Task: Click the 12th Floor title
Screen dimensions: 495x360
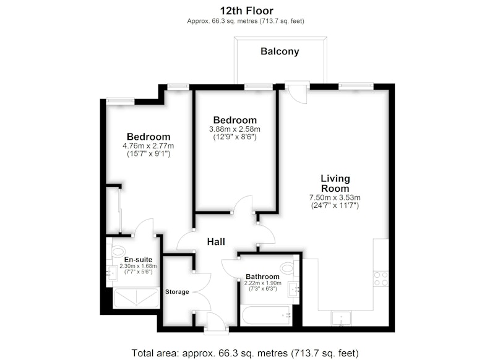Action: pyautogui.click(x=246, y=11)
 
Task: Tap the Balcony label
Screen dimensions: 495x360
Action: pyautogui.click(x=280, y=51)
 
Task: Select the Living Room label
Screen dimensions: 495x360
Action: pyautogui.click(x=335, y=183)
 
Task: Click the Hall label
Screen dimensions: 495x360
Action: pyautogui.click(x=216, y=242)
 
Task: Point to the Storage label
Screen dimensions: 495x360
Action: pyautogui.click(x=177, y=292)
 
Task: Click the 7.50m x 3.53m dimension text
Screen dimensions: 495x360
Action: pyautogui.click(x=335, y=198)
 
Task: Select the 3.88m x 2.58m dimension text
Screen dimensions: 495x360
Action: pyautogui.click(x=235, y=129)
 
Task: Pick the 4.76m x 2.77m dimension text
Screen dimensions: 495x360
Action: pyautogui.click(x=148, y=146)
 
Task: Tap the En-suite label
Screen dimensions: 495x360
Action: pyautogui.click(x=138, y=259)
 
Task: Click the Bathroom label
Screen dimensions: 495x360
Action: pyautogui.click(x=262, y=276)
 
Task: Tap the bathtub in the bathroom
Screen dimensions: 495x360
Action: pyautogui.click(x=266, y=315)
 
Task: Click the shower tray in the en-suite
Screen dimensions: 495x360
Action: pyautogui.click(x=136, y=298)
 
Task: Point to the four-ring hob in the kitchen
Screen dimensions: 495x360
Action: pyautogui.click(x=381, y=278)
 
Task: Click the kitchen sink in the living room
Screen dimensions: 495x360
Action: pyautogui.click(x=342, y=319)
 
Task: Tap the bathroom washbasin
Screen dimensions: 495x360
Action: pyautogui.click(x=293, y=289)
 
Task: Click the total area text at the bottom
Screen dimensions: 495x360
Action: pyautogui.click(x=245, y=353)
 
